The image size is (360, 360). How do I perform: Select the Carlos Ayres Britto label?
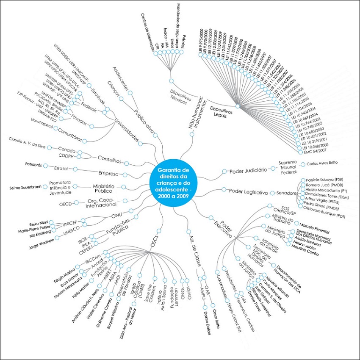point(324,163)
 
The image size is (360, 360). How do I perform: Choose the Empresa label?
point(108,174)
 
